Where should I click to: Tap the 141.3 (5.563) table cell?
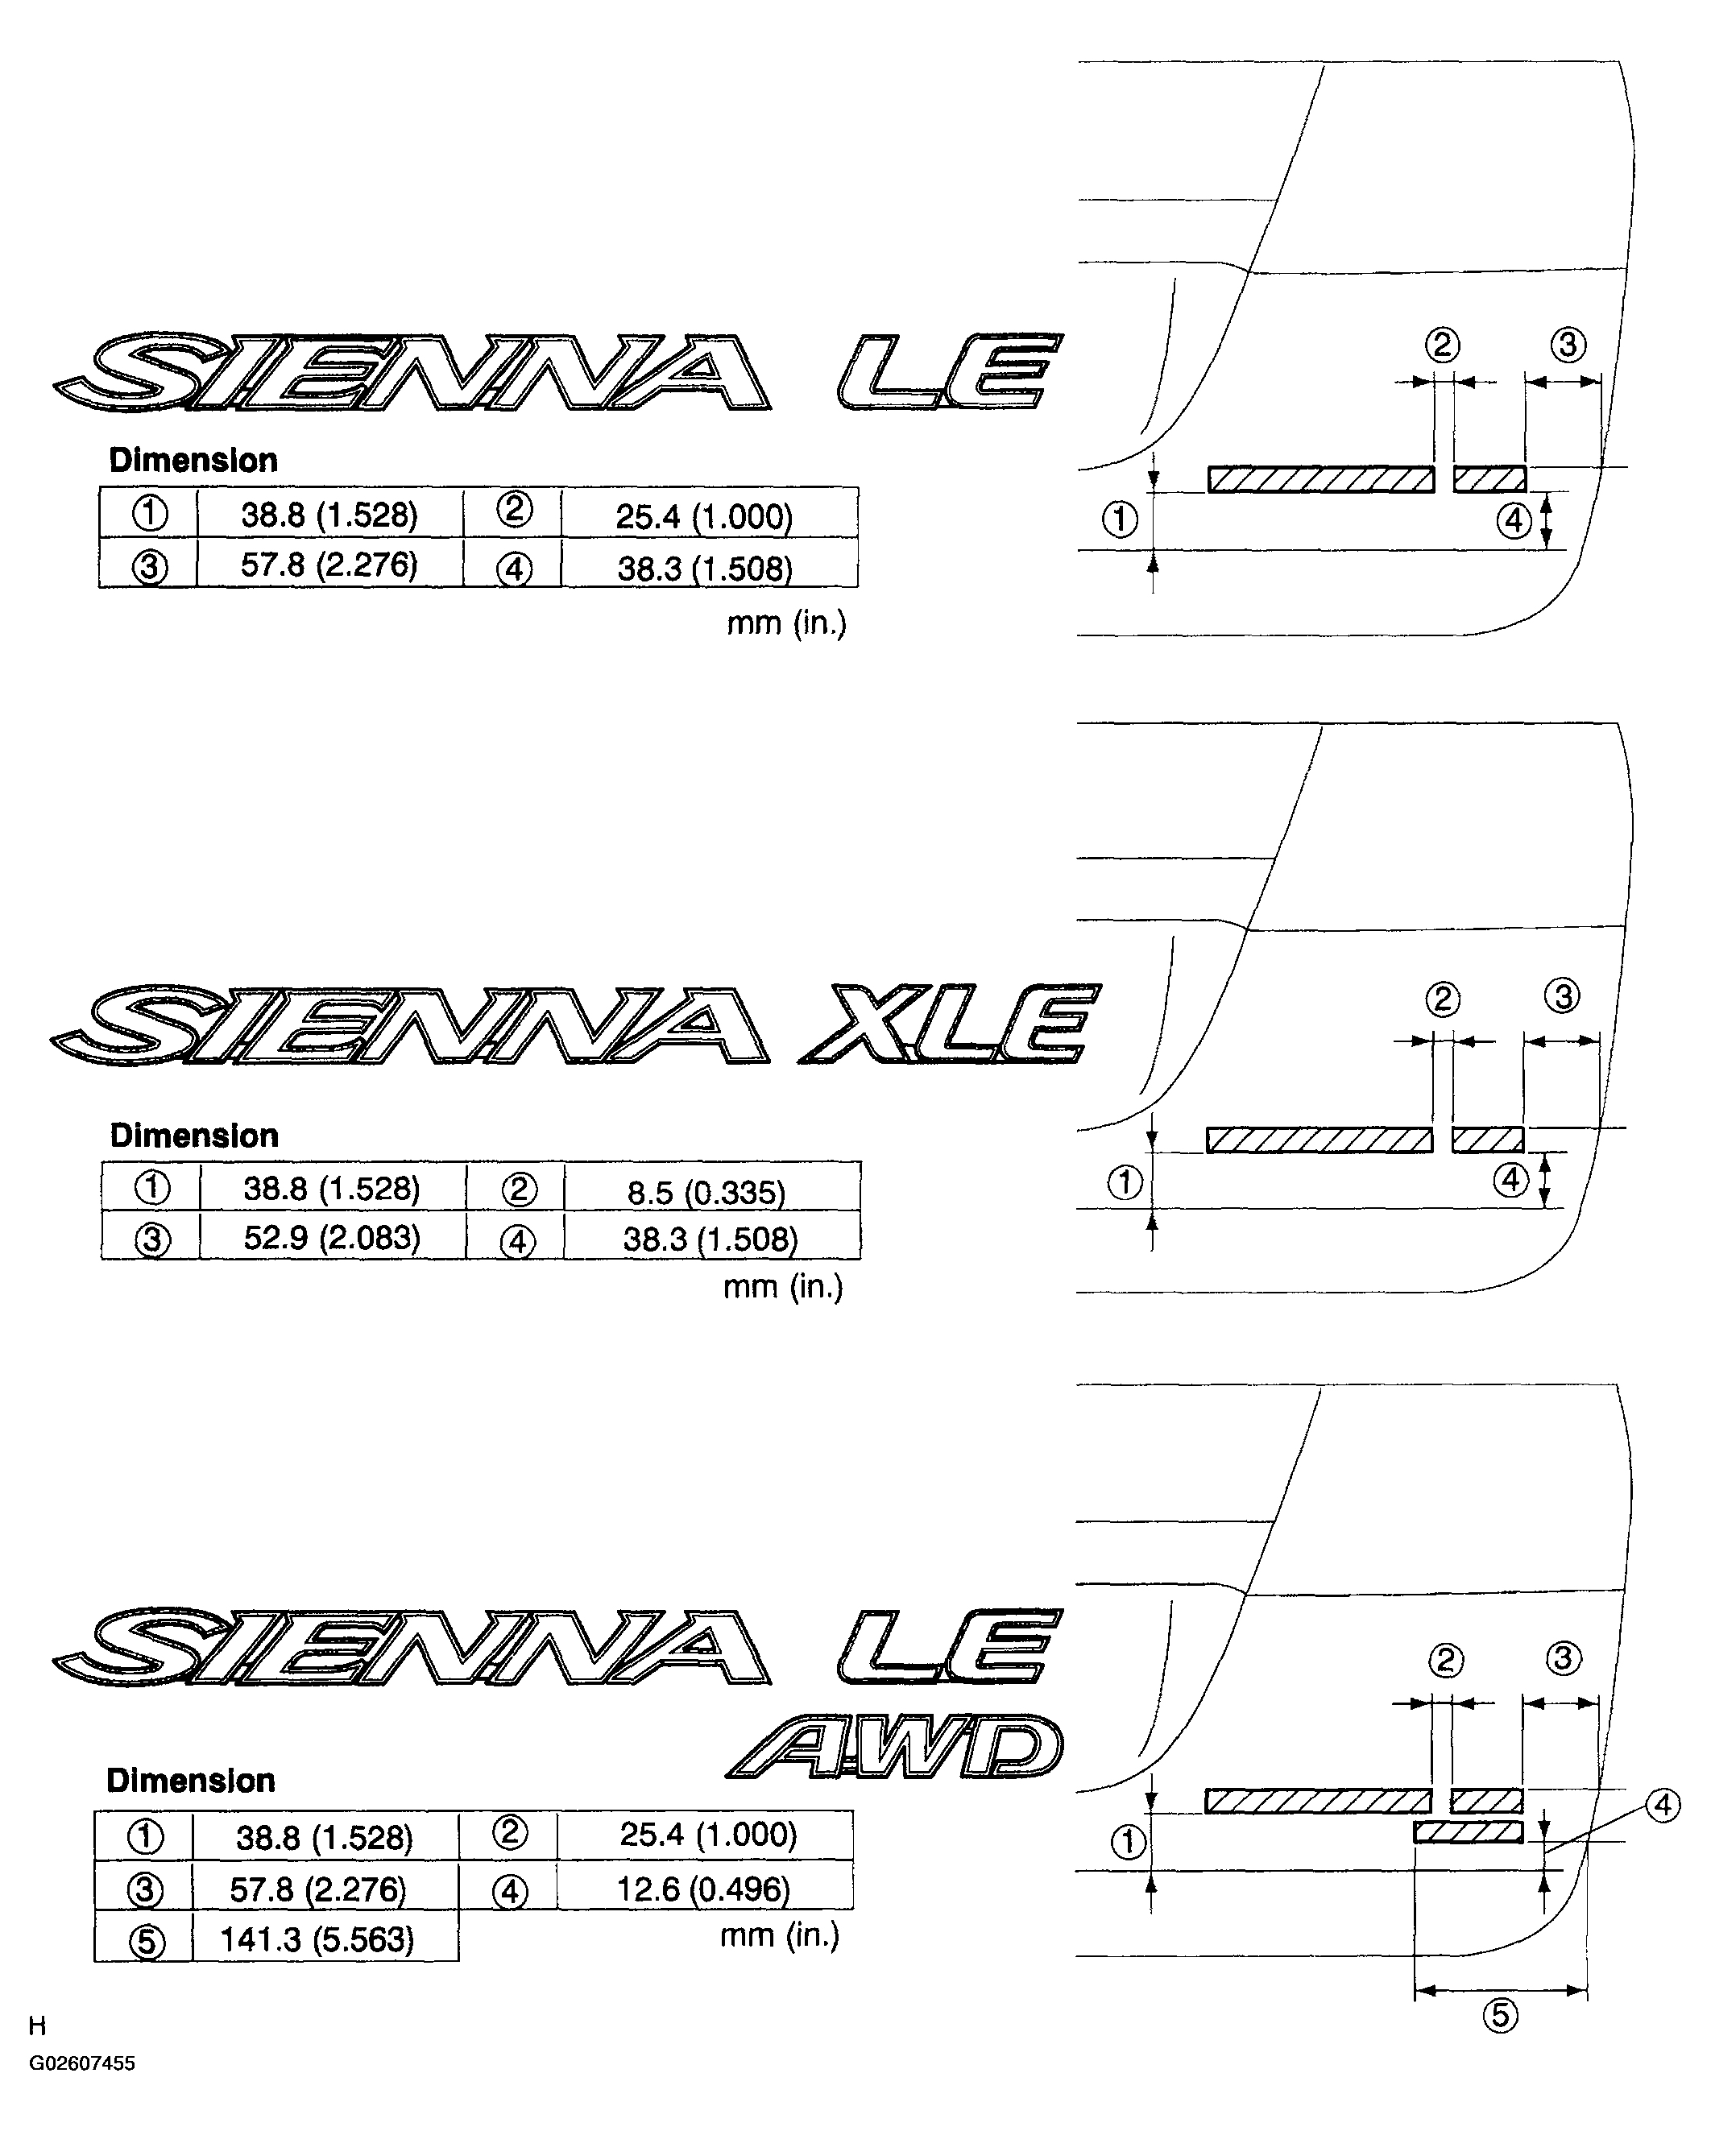(317, 1939)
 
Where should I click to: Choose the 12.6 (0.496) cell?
(704, 1889)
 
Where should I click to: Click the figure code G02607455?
(82, 2091)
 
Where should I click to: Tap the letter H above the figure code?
(38, 2054)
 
